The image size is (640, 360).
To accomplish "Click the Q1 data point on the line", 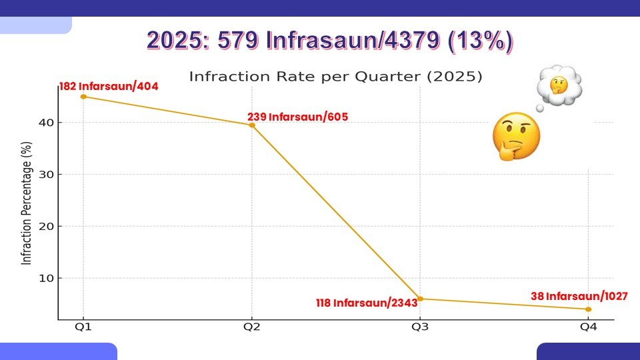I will tap(83, 97).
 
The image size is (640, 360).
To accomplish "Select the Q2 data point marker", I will tap(251, 125).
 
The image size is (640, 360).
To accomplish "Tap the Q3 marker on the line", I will tap(420, 299).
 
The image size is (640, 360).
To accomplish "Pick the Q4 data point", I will tap(589, 309).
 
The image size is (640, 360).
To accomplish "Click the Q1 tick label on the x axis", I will tap(83, 328).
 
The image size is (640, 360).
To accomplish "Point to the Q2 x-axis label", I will tap(251, 328).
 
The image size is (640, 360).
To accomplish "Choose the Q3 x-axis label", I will tap(420, 328).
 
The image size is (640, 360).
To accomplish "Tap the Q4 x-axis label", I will tap(588, 328).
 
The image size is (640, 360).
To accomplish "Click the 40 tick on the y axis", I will tap(45, 123).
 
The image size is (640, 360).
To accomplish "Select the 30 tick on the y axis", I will tap(45, 175).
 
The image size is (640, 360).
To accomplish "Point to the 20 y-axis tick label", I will tap(45, 226).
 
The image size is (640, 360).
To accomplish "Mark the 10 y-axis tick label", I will tap(45, 278).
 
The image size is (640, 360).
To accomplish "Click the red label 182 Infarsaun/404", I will tap(109, 86).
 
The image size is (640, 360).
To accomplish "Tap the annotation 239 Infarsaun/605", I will tap(297, 117).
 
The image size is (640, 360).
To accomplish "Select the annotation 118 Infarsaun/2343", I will tap(367, 303).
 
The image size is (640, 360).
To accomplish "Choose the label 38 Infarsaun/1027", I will tap(579, 296).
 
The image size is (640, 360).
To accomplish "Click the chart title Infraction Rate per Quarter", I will tap(335, 76).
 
